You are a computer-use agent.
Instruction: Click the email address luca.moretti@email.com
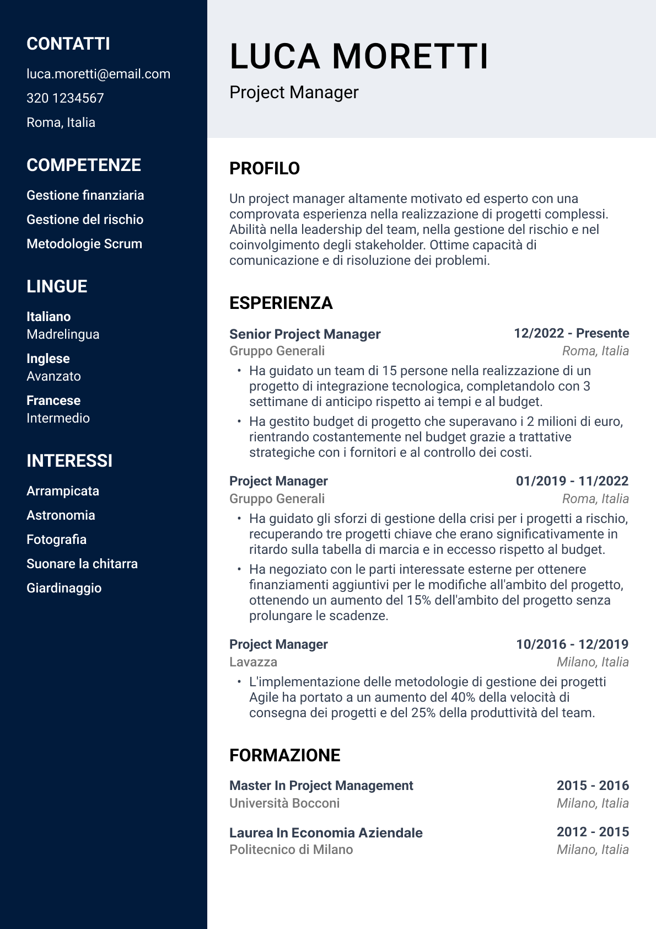(98, 74)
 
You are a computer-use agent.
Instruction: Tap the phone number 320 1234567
(65, 98)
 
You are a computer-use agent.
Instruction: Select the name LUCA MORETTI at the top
(359, 56)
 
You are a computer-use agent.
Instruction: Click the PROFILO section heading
(265, 168)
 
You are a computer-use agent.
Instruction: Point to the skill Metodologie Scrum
(84, 244)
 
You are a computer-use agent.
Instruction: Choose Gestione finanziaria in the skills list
(85, 195)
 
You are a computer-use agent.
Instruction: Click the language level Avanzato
(53, 376)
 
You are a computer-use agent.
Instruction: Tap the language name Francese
(53, 401)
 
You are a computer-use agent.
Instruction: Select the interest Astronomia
(61, 515)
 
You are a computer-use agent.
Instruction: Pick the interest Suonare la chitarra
(82, 564)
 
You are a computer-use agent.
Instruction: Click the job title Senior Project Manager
(305, 334)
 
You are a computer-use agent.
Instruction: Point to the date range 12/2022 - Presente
(571, 333)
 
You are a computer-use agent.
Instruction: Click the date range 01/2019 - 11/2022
(572, 481)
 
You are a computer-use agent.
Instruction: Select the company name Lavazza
(253, 662)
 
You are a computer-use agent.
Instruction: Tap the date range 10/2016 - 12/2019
(572, 644)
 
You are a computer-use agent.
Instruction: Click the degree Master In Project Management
(321, 786)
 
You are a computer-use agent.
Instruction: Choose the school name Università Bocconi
(284, 803)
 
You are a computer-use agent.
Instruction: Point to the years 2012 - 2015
(593, 832)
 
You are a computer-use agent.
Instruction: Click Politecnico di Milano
(291, 850)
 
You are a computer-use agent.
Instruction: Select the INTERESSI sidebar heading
(69, 461)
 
